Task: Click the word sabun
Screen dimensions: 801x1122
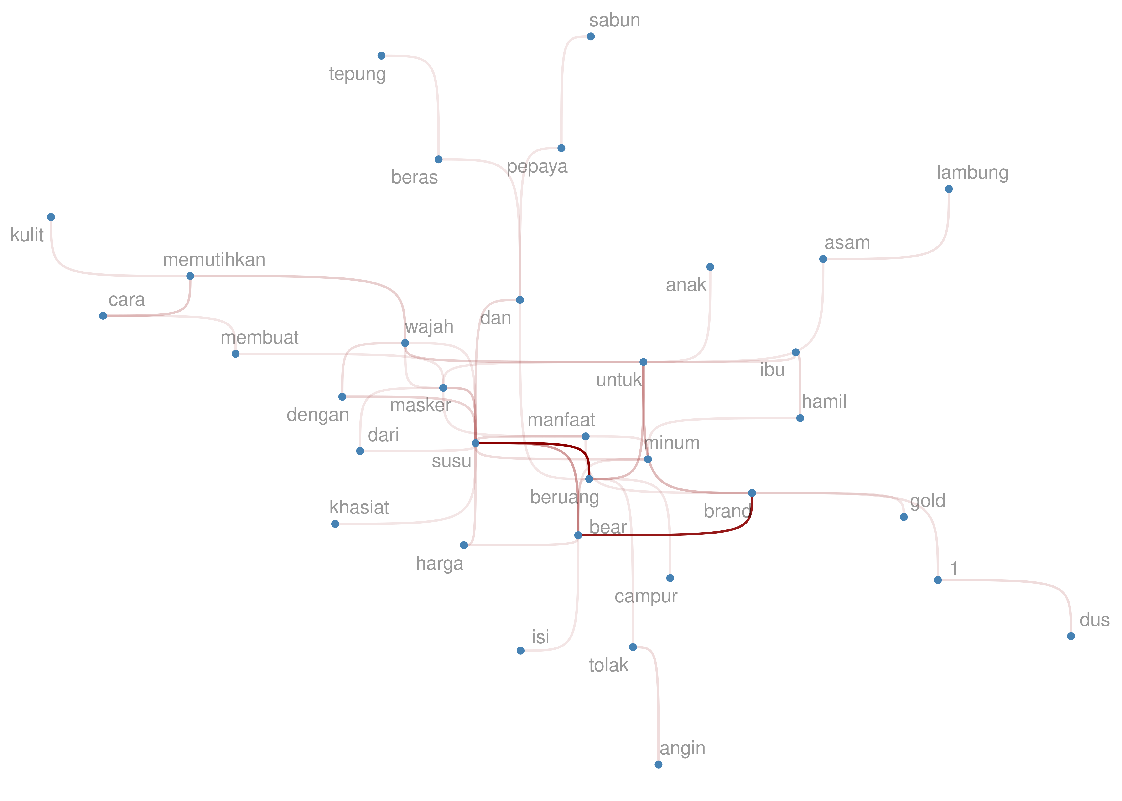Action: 614,20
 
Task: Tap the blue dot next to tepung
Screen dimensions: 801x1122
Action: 381,56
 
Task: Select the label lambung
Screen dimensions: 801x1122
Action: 972,173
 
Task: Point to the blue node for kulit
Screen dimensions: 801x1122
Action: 51,217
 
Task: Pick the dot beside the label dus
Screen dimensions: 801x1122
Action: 1071,636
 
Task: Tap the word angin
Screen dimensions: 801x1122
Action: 682,748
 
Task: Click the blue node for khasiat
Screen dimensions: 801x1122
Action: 335,524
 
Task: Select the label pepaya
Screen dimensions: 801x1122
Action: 537,167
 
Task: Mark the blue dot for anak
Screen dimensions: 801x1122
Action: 710,267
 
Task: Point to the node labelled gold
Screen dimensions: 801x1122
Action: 904,517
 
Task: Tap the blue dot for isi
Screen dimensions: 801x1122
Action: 520,651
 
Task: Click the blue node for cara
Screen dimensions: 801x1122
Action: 103,316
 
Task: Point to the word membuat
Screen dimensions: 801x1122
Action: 260,338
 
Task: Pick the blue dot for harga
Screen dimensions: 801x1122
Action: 464,545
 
